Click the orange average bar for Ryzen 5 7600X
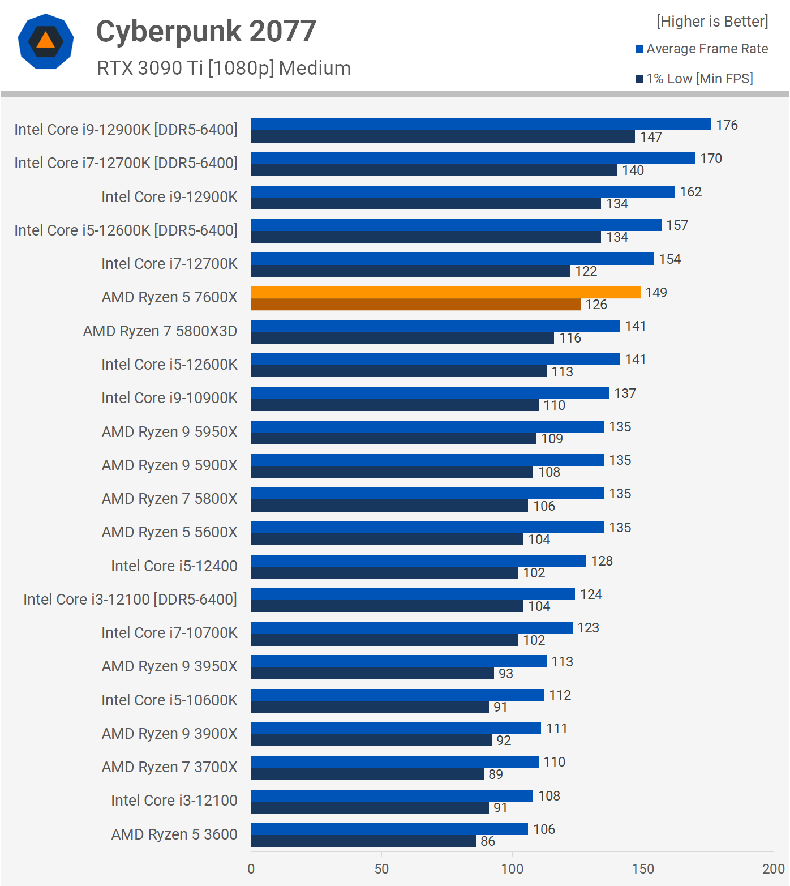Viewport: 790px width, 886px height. (445, 292)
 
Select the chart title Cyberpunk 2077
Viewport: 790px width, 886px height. (206, 31)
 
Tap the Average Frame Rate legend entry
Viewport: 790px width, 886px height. (701, 49)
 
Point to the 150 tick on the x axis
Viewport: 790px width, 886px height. (643, 869)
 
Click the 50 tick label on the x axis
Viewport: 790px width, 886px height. (381, 869)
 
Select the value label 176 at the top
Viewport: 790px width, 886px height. (727, 125)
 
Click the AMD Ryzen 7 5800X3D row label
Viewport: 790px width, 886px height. (160, 331)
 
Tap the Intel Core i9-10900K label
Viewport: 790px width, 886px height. (169, 398)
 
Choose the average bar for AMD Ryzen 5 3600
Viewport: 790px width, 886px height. (389, 829)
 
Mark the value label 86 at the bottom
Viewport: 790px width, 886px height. (488, 841)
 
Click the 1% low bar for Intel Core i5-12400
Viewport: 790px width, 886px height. (384, 573)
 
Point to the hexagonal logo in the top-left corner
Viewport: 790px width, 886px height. (46, 41)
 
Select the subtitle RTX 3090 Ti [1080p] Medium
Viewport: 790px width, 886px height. (224, 68)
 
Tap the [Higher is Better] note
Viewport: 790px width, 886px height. (712, 22)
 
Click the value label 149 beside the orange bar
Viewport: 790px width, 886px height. (656, 293)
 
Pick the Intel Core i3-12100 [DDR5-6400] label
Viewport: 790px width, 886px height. (130, 600)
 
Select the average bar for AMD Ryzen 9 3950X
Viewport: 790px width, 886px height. (398, 661)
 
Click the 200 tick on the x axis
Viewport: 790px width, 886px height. (773, 869)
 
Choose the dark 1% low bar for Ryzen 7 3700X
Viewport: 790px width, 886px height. (367, 774)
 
